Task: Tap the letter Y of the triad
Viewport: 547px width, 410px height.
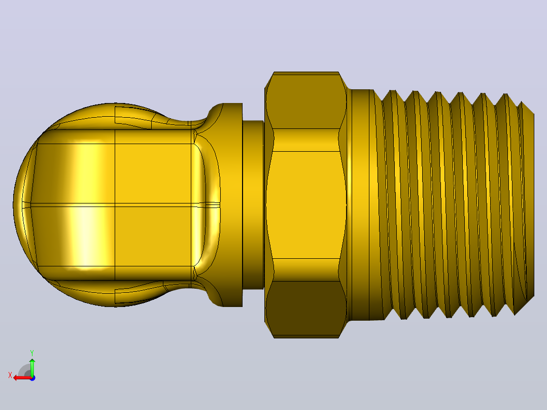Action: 32,353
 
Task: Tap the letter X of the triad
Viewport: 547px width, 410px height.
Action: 10,375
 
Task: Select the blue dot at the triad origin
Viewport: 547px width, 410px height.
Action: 32,378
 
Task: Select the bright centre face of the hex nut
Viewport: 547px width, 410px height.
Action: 305,205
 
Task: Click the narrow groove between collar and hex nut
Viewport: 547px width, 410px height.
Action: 253,205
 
